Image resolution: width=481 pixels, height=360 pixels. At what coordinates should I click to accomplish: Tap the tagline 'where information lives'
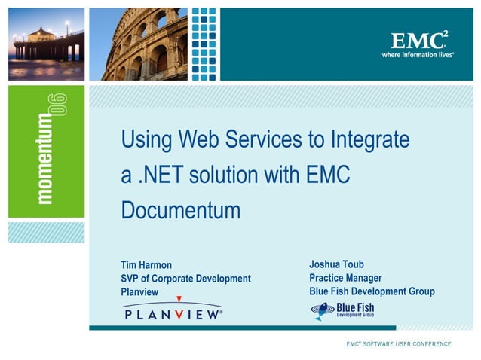tap(418, 55)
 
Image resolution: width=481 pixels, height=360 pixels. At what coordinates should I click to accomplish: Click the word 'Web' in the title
tap(201, 140)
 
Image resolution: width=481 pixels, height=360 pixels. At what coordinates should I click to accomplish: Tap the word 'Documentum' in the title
tap(180, 211)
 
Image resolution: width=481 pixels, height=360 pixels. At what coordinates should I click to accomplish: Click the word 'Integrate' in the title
tap(369, 140)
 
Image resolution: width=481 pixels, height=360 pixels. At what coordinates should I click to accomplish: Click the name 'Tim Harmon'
tap(146, 265)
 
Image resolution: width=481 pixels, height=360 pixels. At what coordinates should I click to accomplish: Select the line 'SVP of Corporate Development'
tap(185, 279)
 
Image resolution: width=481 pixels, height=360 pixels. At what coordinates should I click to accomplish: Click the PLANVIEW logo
tap(173, 314)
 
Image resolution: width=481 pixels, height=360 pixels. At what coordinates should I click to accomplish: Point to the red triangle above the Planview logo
tap(179, 299)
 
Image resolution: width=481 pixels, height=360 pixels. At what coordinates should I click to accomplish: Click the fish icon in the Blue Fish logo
tap(322, 310)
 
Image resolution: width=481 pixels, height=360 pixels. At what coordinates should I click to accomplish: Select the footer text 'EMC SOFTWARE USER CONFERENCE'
tap(399, 344)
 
